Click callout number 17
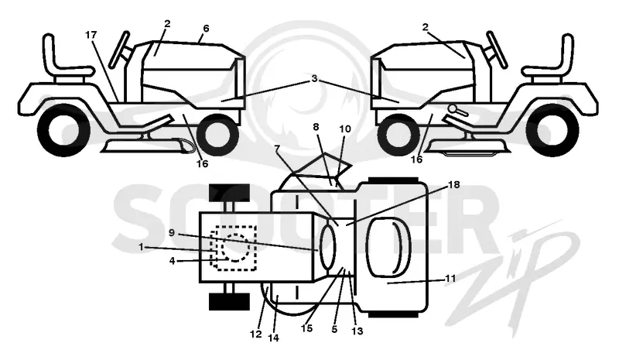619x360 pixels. tap(91, 35)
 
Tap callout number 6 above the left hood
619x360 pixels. tap(206, 29)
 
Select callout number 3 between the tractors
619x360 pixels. tap(314, 78)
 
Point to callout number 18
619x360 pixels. tap(454, 184)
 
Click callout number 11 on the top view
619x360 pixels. tap(450, 278)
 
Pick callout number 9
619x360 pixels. tap(171, 233)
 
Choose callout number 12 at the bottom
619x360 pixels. tap(256, 334)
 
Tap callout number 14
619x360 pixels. tap(273, 338)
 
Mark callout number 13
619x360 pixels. tap(357, 331)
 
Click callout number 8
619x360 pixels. tap(316, 127)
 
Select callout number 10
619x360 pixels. tap(344, 129)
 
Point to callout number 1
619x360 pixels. tap(141, 247)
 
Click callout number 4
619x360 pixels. tap(172, 261)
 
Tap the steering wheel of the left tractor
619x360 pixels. tap(119, 50)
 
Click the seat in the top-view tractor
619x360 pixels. tap(389, 246)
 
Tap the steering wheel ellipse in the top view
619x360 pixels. tap(327, 247)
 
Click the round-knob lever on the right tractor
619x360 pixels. tap(458, 110)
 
